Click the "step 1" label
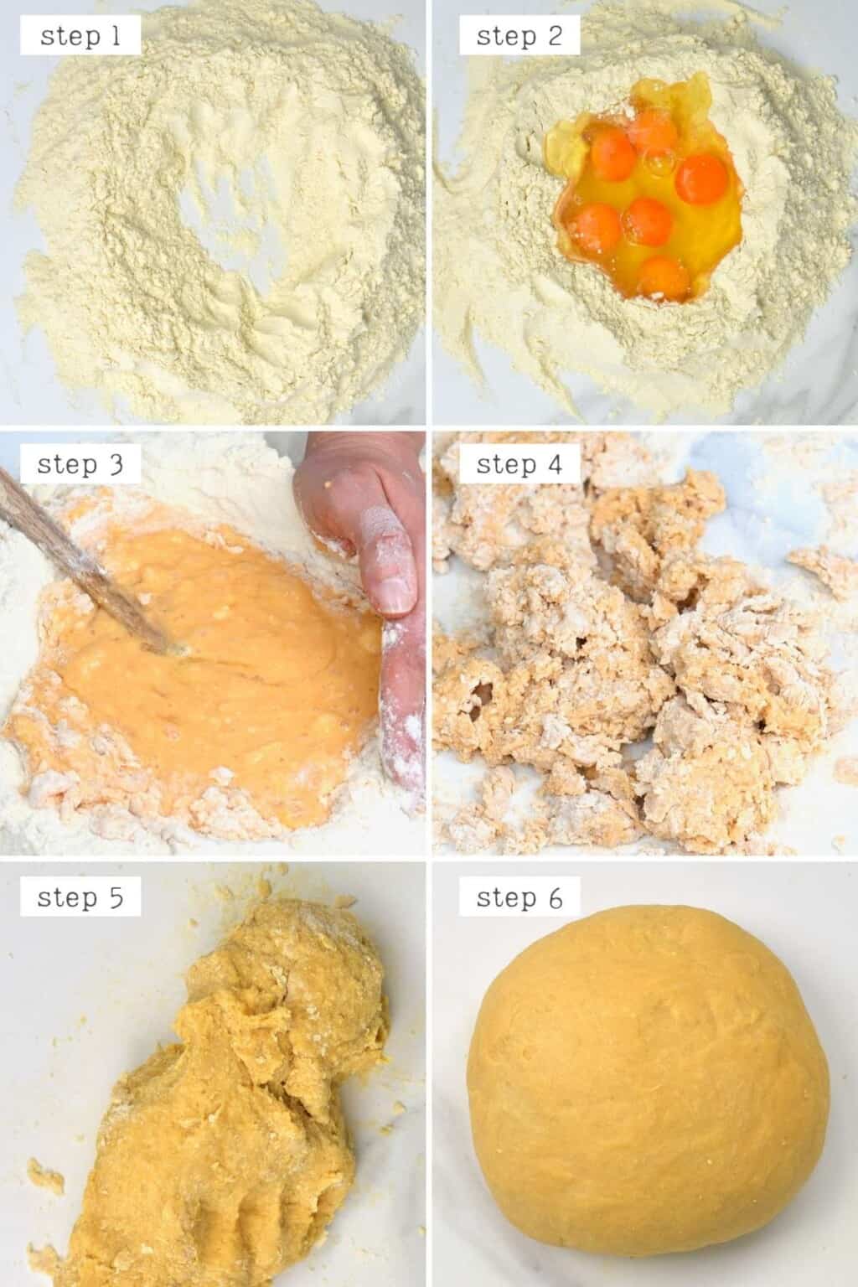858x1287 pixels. click(80, 35)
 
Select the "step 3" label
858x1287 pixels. click(80, 464)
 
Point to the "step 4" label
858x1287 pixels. click(519, 464)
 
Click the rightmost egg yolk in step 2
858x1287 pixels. click(701, 178)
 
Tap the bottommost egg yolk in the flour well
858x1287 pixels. click(662, 278)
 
